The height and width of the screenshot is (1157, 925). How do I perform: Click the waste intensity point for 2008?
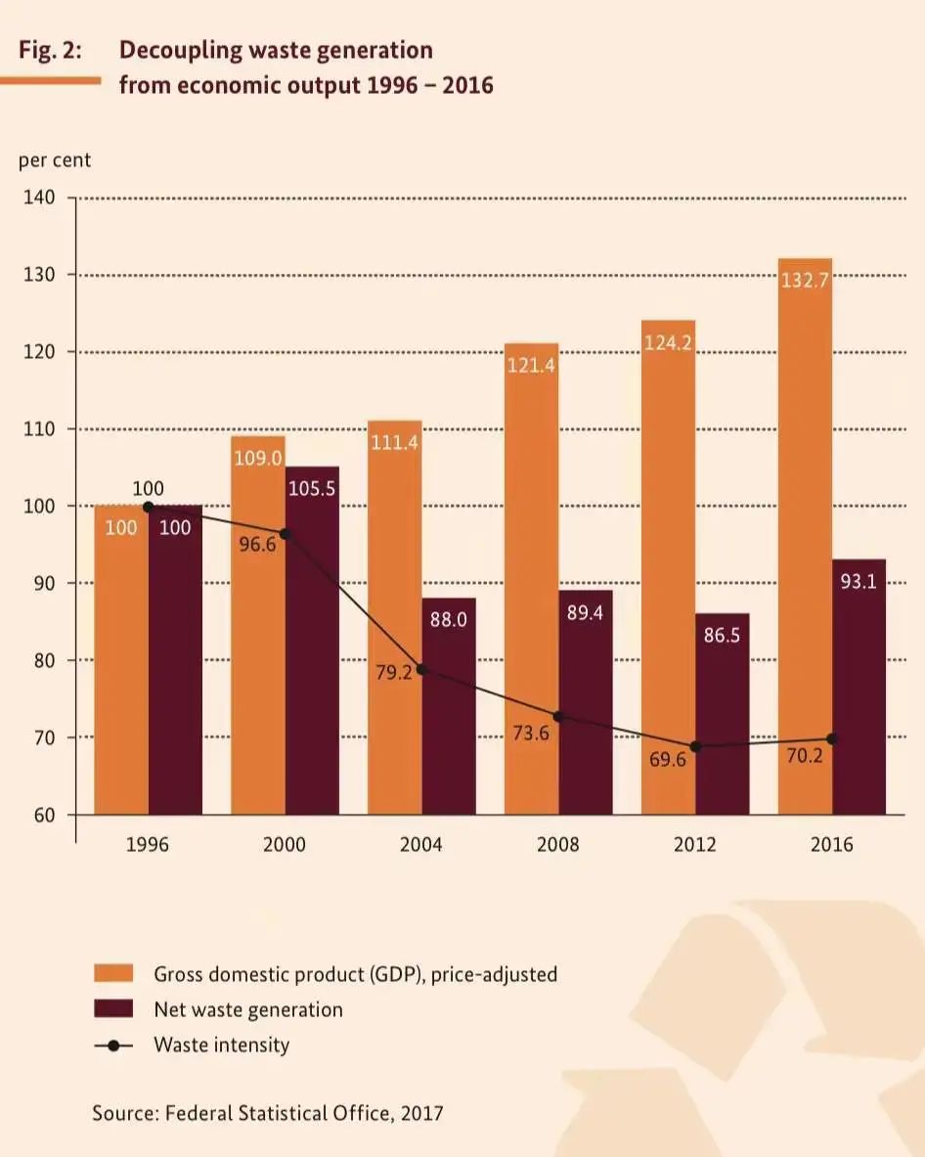[558, 717]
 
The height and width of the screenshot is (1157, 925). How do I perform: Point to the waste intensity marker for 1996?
[148, 507]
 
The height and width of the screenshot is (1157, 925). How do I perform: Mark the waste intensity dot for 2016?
[832, 738]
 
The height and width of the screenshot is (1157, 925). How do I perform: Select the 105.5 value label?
[312, 488]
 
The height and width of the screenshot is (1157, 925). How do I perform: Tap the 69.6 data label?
[668, 759]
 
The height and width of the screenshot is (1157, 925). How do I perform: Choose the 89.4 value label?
[586, 615]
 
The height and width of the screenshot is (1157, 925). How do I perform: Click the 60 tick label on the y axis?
[44, 815]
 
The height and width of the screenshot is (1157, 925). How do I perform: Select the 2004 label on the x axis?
[420, 844]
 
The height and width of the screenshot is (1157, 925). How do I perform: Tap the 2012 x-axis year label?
[694, 844]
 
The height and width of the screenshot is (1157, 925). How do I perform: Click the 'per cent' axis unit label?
[55, 160]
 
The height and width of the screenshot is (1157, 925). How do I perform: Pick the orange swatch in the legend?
[113, 974]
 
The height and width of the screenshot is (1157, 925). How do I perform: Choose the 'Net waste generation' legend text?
[248, 1009]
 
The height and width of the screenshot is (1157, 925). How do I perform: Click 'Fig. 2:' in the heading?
[50, 51]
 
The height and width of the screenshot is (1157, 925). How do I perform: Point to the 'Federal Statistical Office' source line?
[268, 1112]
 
